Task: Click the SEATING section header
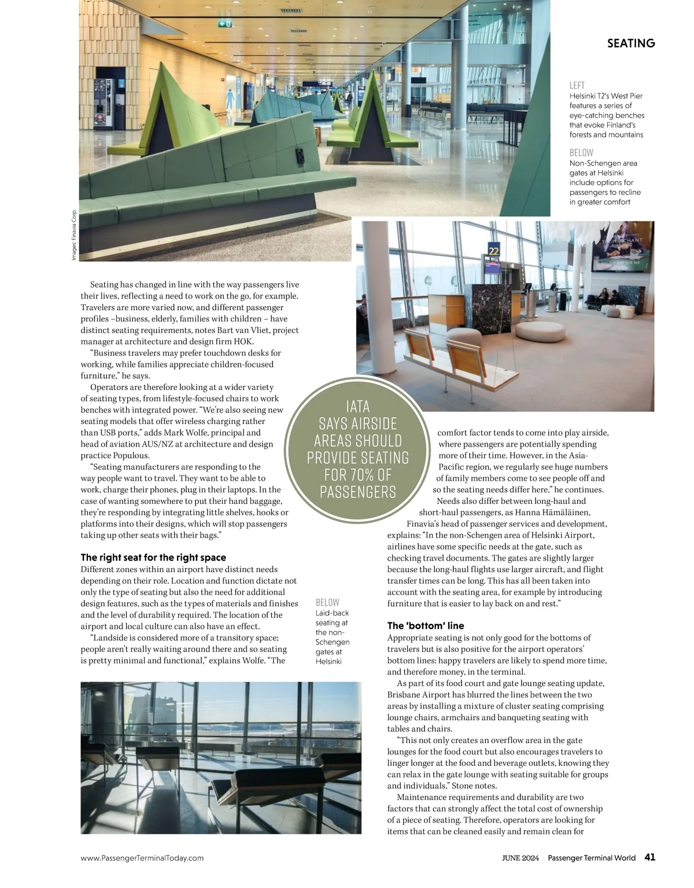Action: [631, 43]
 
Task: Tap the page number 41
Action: [649, 857]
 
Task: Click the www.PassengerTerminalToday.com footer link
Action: [142, 858]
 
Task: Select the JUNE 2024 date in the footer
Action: [522, 858]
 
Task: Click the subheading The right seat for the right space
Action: [153, 558]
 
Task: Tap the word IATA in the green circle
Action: [357, 407]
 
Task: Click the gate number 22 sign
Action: [493, 250]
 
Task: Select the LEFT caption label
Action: [577, 86]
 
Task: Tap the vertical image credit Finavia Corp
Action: [74, 235]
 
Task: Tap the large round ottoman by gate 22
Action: [540, 331]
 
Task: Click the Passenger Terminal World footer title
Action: [592, 858]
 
